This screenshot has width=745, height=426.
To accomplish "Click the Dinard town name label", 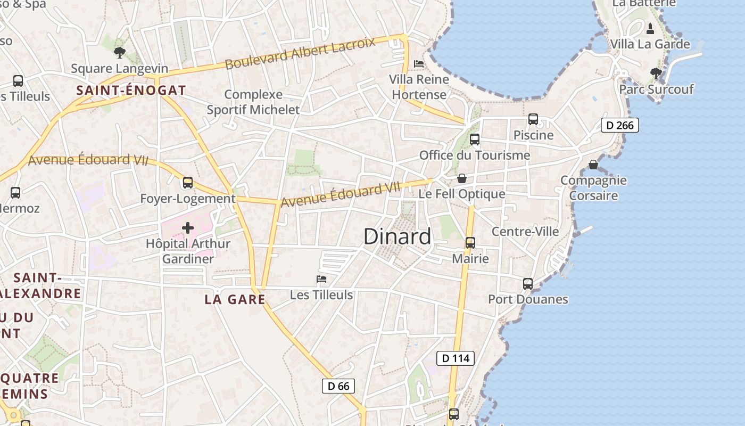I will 397,236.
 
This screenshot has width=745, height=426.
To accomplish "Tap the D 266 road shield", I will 619,125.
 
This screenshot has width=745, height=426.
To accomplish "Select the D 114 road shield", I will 456,358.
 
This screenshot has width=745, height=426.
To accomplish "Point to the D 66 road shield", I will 338,386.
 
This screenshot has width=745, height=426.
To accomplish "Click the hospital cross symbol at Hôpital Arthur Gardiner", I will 187,228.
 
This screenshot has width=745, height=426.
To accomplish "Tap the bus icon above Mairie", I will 470,243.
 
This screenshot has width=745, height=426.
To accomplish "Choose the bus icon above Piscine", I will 533,119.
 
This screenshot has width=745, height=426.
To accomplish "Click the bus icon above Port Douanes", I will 527,283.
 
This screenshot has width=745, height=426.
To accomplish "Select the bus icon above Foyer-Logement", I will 187,183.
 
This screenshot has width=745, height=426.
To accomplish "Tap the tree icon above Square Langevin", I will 120,52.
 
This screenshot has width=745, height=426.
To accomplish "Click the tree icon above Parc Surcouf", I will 656,73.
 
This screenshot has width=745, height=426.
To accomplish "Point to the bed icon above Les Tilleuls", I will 321,278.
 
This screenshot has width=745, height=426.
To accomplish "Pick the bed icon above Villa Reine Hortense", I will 419,64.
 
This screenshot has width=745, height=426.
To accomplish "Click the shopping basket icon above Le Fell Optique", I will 461,178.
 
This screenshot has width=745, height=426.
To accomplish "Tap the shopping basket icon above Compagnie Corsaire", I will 593,165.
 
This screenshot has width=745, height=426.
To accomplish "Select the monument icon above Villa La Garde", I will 650,28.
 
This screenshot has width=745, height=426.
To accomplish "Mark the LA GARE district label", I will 235,299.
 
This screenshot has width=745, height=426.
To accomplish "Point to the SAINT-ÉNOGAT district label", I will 131,90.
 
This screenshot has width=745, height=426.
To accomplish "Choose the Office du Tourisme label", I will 475,155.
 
